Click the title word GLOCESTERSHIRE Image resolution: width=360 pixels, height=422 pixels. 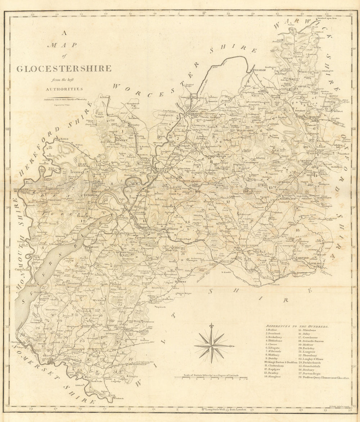(63, 68)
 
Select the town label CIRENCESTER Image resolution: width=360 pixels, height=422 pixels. (249, 245)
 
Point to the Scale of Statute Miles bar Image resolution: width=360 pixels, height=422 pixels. (211, 378)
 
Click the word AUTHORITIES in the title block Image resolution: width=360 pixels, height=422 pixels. (64, 89)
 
